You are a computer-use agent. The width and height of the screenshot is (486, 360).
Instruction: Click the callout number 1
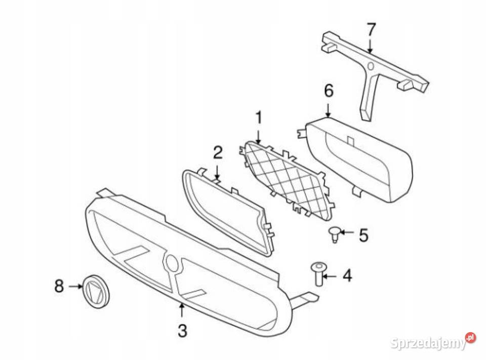click(x=258, y=118)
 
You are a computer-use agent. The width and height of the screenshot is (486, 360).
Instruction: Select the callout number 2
click(x=218, y=152)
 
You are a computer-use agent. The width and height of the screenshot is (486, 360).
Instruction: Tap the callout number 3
click(x=182, y=331)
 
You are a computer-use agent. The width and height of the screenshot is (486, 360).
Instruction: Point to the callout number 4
click(x=347, y=275)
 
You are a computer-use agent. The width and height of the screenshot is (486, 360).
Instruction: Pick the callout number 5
click(x=363, y=235)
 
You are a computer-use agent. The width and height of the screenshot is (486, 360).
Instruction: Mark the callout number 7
click(x=371, y=29)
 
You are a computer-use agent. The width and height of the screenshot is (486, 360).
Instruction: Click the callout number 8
click(x=59, y=286)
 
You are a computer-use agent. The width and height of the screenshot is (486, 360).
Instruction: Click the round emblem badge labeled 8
click(x=96, y=291)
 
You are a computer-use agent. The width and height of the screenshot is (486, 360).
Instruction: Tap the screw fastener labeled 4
click(x=317, y=275)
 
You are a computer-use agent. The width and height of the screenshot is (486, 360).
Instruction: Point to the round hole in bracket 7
click(x=371, y=66)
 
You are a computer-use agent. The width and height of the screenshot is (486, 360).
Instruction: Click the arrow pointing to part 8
click(x=75, y=286)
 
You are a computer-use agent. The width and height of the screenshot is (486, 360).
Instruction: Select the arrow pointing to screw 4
click(x=331, y=275)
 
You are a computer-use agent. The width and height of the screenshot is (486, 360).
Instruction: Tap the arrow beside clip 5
click(x=347, y=231)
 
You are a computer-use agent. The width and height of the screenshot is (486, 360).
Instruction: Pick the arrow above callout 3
click(x=182, y=310)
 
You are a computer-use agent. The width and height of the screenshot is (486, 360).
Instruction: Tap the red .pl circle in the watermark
click(x=471, y=337)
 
